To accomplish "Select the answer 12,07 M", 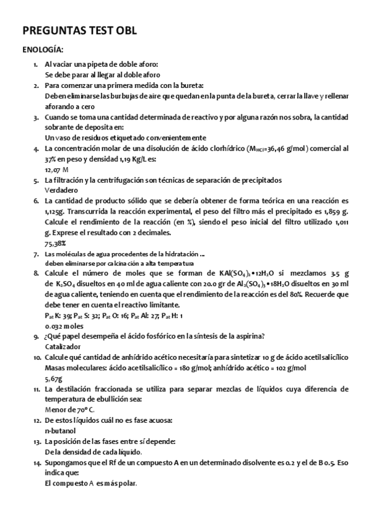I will [x=56, y=169].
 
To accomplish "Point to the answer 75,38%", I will [x=56, y=243].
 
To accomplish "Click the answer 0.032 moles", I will [x=63, y=325].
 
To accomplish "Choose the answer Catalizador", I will [x=63, y=346].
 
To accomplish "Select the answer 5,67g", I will [x=54, y=378].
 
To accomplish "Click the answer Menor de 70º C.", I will [x=70, y=409].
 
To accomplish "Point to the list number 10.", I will [x=37, y=357].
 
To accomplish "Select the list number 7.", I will [x=36, y=254].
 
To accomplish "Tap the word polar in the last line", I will [x=125, y=483].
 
